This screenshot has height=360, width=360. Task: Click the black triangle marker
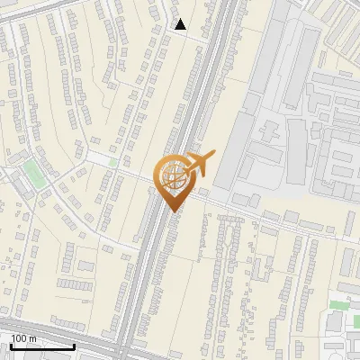pos(181,24)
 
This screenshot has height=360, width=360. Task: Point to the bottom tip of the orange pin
pos(174,211)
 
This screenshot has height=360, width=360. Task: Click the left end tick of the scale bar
pos(10,346)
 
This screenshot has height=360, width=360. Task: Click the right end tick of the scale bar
pos(75,346)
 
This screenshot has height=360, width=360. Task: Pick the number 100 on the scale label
pos(19,337)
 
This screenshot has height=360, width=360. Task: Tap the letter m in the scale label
pos(32,337)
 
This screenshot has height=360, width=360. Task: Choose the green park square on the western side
pos(34,173)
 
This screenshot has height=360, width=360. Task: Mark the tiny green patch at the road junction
pos(112,162)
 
